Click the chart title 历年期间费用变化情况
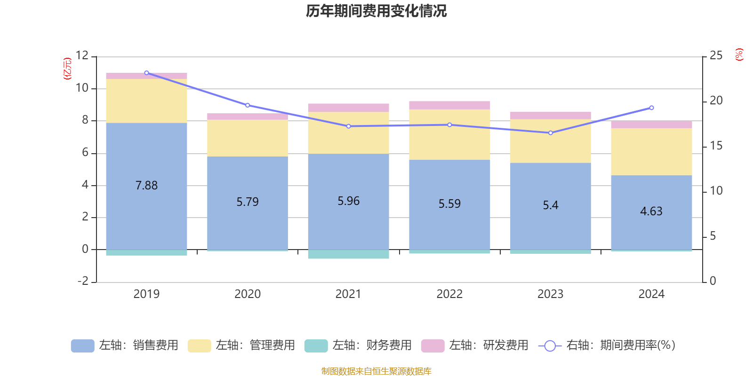376,11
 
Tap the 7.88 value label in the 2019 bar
146,186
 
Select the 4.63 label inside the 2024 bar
651,211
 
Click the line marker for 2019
146,73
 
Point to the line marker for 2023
551,133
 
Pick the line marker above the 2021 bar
349,126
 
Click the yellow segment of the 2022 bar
449,135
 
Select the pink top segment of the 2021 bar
349,108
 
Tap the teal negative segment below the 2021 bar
349,254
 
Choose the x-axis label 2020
248,294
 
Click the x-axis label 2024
651,294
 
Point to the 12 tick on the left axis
82,55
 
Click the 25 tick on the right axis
716,55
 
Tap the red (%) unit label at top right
739,55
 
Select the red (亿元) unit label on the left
68,69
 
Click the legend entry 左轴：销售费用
125,345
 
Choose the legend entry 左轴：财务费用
358,345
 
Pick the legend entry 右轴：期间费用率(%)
607,345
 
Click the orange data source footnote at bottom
376,371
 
